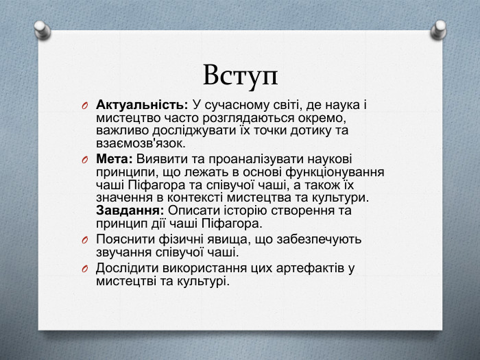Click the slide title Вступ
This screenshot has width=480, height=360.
240,74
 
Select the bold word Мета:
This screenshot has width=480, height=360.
115,159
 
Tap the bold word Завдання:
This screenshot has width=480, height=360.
130,211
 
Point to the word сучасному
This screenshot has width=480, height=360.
237,105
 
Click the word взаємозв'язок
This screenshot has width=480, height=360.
141,144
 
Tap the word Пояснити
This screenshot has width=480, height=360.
125,240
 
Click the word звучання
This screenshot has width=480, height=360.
123,253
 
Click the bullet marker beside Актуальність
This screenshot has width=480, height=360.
84,106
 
